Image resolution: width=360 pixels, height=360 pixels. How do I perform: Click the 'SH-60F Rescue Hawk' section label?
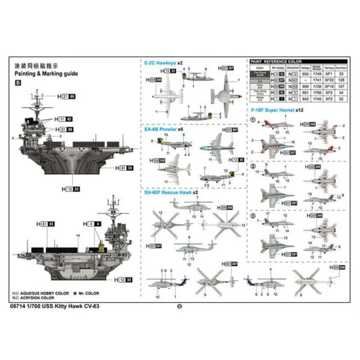(169, 192)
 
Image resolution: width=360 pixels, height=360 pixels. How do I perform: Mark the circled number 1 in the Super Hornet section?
(253, 119)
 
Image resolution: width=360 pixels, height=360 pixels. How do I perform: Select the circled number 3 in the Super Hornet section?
(253, 215)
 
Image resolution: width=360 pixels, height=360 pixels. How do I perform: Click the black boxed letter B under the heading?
(17, 83)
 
